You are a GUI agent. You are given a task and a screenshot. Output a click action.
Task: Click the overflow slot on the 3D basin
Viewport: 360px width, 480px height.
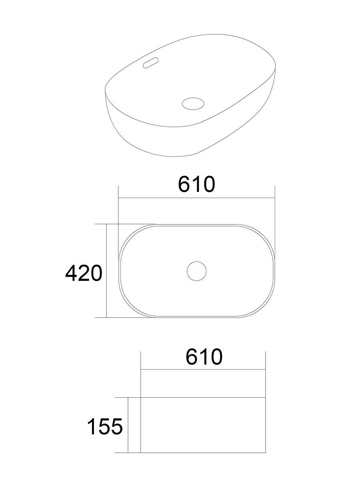[151, 62]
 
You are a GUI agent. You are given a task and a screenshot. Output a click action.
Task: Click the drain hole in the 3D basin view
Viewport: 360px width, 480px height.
[193, 104]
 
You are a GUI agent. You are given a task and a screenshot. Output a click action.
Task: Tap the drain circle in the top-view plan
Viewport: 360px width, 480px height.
[196, 271]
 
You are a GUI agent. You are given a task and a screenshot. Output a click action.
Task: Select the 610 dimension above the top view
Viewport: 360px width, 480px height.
[196, 184]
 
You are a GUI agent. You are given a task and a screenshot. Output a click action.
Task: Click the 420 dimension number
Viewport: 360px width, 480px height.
[84, 273]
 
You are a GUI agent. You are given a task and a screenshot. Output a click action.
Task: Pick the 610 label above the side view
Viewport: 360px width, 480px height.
[204, 357]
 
